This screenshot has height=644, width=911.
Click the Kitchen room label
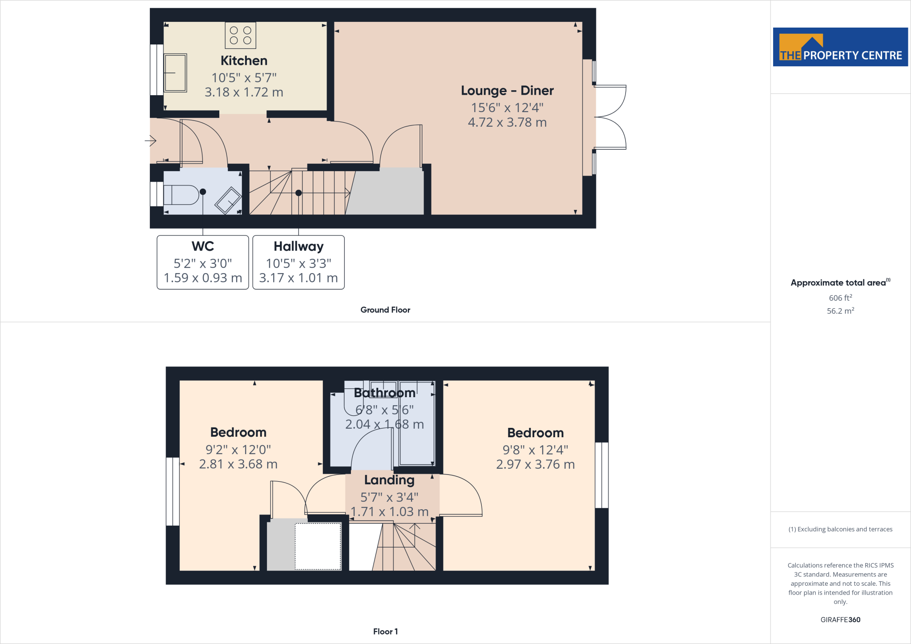pos(244,60)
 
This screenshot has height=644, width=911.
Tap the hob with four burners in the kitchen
pos(240,36)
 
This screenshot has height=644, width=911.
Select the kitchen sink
pos(175,73)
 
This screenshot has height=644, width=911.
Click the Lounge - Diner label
pos(507,91)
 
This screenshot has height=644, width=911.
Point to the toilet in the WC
pos(181,195)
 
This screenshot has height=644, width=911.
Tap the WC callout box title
pos(203,246)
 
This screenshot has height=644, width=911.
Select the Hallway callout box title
pos(298,246)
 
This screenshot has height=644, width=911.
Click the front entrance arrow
pos(150,141)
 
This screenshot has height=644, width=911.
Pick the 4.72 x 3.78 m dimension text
pos(507,122)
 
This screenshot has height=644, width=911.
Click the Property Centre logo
pos(840,47)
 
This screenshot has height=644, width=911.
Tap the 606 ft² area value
pos(840,298)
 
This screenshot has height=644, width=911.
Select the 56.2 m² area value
pos(840,310)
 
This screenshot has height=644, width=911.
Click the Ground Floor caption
pos(385,310)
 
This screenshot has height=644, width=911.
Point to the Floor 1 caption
pos(385,632)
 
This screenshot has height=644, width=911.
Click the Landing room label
pos(389,480)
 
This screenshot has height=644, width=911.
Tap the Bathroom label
pos(385,393)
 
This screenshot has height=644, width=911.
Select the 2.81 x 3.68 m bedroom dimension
pos(238,464)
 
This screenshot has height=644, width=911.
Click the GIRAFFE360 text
pos(840,620)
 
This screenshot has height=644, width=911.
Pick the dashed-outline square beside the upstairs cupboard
pos(318,546)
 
